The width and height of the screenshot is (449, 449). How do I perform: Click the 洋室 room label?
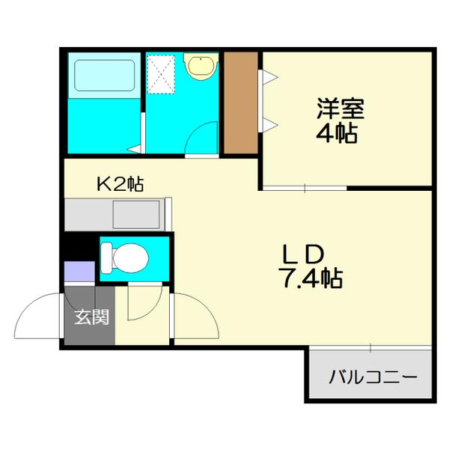pos(340,109)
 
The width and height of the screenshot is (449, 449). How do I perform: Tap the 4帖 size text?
pos(340,134)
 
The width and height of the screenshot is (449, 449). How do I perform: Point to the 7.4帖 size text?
pos(310,278)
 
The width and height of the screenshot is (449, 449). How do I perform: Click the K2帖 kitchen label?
pos(120,183)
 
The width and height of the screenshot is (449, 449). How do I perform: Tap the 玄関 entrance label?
pos(91,317)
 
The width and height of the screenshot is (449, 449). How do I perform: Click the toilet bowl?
pos(127,259)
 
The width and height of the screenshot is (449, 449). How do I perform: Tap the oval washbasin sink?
pos(201,67)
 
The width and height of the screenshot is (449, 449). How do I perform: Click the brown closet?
pos(240,103)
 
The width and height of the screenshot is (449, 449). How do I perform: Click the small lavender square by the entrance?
pos(75,272)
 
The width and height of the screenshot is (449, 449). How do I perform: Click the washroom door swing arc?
pos(203,139)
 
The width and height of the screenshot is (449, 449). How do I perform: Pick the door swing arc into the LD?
pos(195,318)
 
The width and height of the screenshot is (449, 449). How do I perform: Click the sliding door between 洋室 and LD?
pos(305,187)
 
